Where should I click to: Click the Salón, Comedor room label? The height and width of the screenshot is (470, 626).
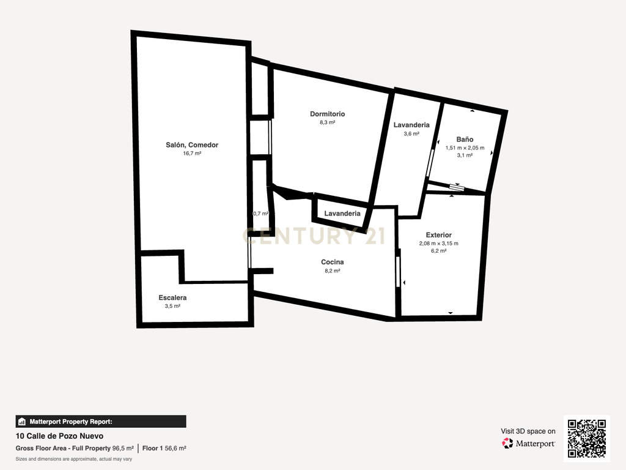tap(192, 145)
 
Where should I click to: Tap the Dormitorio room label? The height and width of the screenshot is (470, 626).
tap(328, 114)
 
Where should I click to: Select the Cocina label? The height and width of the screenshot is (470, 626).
tap(332, 262)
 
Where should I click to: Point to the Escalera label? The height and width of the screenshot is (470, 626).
tap(172, 298)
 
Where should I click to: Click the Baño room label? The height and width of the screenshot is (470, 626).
tap(465, 140)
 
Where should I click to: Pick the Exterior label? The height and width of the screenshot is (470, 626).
tap(439, 235)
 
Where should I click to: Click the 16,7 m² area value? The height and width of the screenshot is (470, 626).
tap(192, 154)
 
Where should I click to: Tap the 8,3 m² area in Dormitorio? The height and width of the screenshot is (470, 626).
tap(328, 122)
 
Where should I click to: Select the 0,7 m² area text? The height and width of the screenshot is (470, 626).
tap(260, 214)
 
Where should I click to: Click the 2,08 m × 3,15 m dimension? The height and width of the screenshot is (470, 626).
tap(439, 244)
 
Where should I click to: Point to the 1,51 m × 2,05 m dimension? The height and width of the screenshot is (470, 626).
tap(465, 148)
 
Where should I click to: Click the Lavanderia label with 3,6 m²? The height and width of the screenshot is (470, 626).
tap(411, 125)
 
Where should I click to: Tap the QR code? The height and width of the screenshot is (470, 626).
tap(587, 438)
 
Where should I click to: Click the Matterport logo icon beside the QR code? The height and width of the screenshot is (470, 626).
tap(507, 443)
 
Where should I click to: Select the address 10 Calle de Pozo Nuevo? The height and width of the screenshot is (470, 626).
tap(59, 436)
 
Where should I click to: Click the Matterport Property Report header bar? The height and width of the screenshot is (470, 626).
tap(101, 422)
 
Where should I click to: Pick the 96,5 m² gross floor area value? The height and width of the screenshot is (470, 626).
tap(123, 449)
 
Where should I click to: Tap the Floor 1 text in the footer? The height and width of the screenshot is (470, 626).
tap(152, 449)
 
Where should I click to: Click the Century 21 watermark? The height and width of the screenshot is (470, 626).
tap(314, 236)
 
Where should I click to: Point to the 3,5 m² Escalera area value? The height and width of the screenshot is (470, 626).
tap(172, 306)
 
